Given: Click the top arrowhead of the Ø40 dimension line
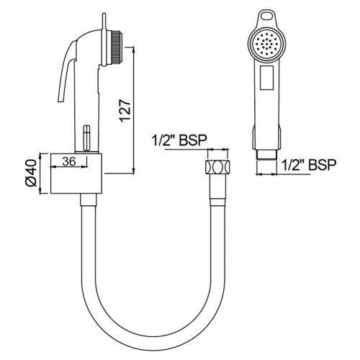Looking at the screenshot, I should pyautogui.click(x=49, y=154).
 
